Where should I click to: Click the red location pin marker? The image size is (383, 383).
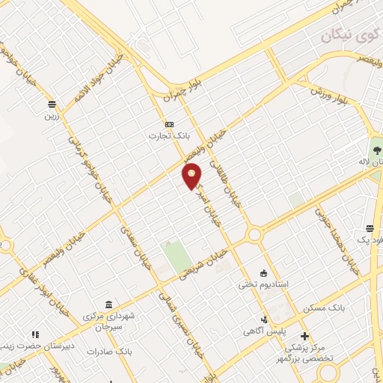[192, 176]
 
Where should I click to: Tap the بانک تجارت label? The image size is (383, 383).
[169, 136]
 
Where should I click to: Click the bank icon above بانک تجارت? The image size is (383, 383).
[169, 123]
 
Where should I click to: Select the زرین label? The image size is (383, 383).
[51, 116]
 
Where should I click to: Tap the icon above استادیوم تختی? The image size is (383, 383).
[263, 272]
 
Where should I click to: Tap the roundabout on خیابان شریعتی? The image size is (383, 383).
[254, 236]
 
